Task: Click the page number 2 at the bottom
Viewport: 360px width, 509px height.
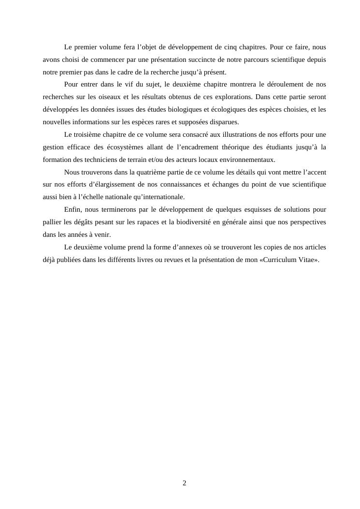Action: [x=184, y=483]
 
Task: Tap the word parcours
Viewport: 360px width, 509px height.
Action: [x=260, y=60]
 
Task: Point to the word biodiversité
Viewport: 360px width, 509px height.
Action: [x=218, y=222]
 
